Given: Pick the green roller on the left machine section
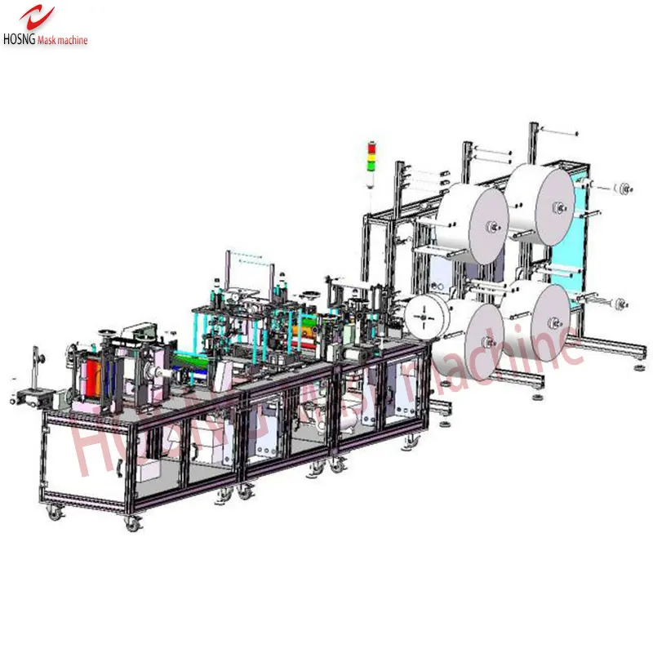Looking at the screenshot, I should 189,357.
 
